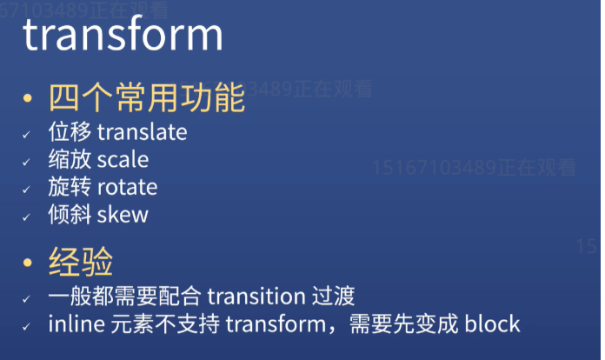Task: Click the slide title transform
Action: tap(123, 34)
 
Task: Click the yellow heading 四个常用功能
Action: tap(147, 97)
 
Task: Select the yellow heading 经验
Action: tap(81, 262)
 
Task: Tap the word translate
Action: tap(143, 132)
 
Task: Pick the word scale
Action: tap(123, 160)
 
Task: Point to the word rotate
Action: tap(127, 188)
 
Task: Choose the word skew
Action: tap(123, 215)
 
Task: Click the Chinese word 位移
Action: tap(70, 132)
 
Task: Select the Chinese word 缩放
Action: tap(70, 159)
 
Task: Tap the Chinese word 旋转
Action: tap(70, 187)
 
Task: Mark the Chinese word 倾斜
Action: tap(70, 215)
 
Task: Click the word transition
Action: tap(256, 297)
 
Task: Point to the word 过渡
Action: tap(334, 297)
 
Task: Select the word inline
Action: tap(76, 323)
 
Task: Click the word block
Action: tap(492, 323)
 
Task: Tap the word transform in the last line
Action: tap(276, 323)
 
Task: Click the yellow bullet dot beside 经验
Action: tap(28, 263)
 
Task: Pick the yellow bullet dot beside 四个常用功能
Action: tap(28, 98)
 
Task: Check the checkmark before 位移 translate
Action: tap(26, 135)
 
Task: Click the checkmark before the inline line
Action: tap(26, 326)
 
